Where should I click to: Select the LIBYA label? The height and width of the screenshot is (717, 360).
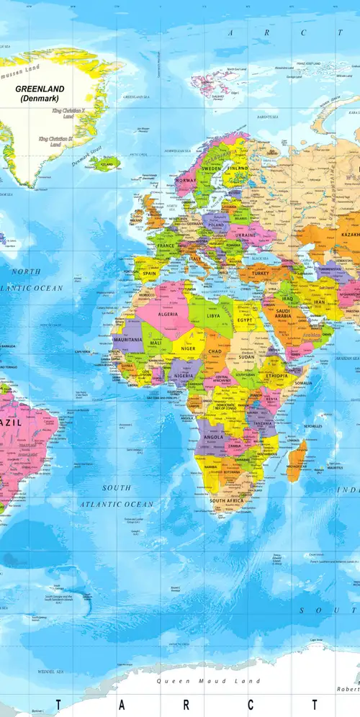pyautogui.click(x=214, y=315)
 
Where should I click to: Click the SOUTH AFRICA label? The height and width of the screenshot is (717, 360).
pyautogui.click(x=227, y=499)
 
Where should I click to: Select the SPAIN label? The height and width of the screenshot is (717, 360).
pyautogui.click(x=150, y=274)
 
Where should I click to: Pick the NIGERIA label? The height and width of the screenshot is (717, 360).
pyautogui.click(x=184, y=375)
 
